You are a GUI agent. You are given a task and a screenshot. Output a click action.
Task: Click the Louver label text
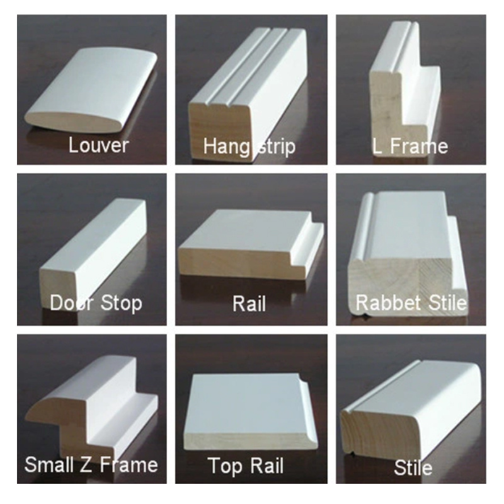[x=98, y=146]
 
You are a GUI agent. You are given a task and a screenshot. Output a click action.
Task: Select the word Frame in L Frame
[x=419, y=146]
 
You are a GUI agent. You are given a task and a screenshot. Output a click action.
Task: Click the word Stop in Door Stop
[x=121, y=303]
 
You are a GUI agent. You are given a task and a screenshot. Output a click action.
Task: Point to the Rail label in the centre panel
[x=249, y=304]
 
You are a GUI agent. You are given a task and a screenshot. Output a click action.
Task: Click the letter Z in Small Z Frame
[x=86, y=465]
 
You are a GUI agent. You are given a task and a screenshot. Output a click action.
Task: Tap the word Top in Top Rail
[x=224, y=466]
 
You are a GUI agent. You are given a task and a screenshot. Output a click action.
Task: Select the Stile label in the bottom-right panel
[x=413, y=467]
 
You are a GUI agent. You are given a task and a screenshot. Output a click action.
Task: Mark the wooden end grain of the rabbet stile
[x=405, y=283]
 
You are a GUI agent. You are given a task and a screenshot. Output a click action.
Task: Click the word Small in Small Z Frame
[x=50, y=465]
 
